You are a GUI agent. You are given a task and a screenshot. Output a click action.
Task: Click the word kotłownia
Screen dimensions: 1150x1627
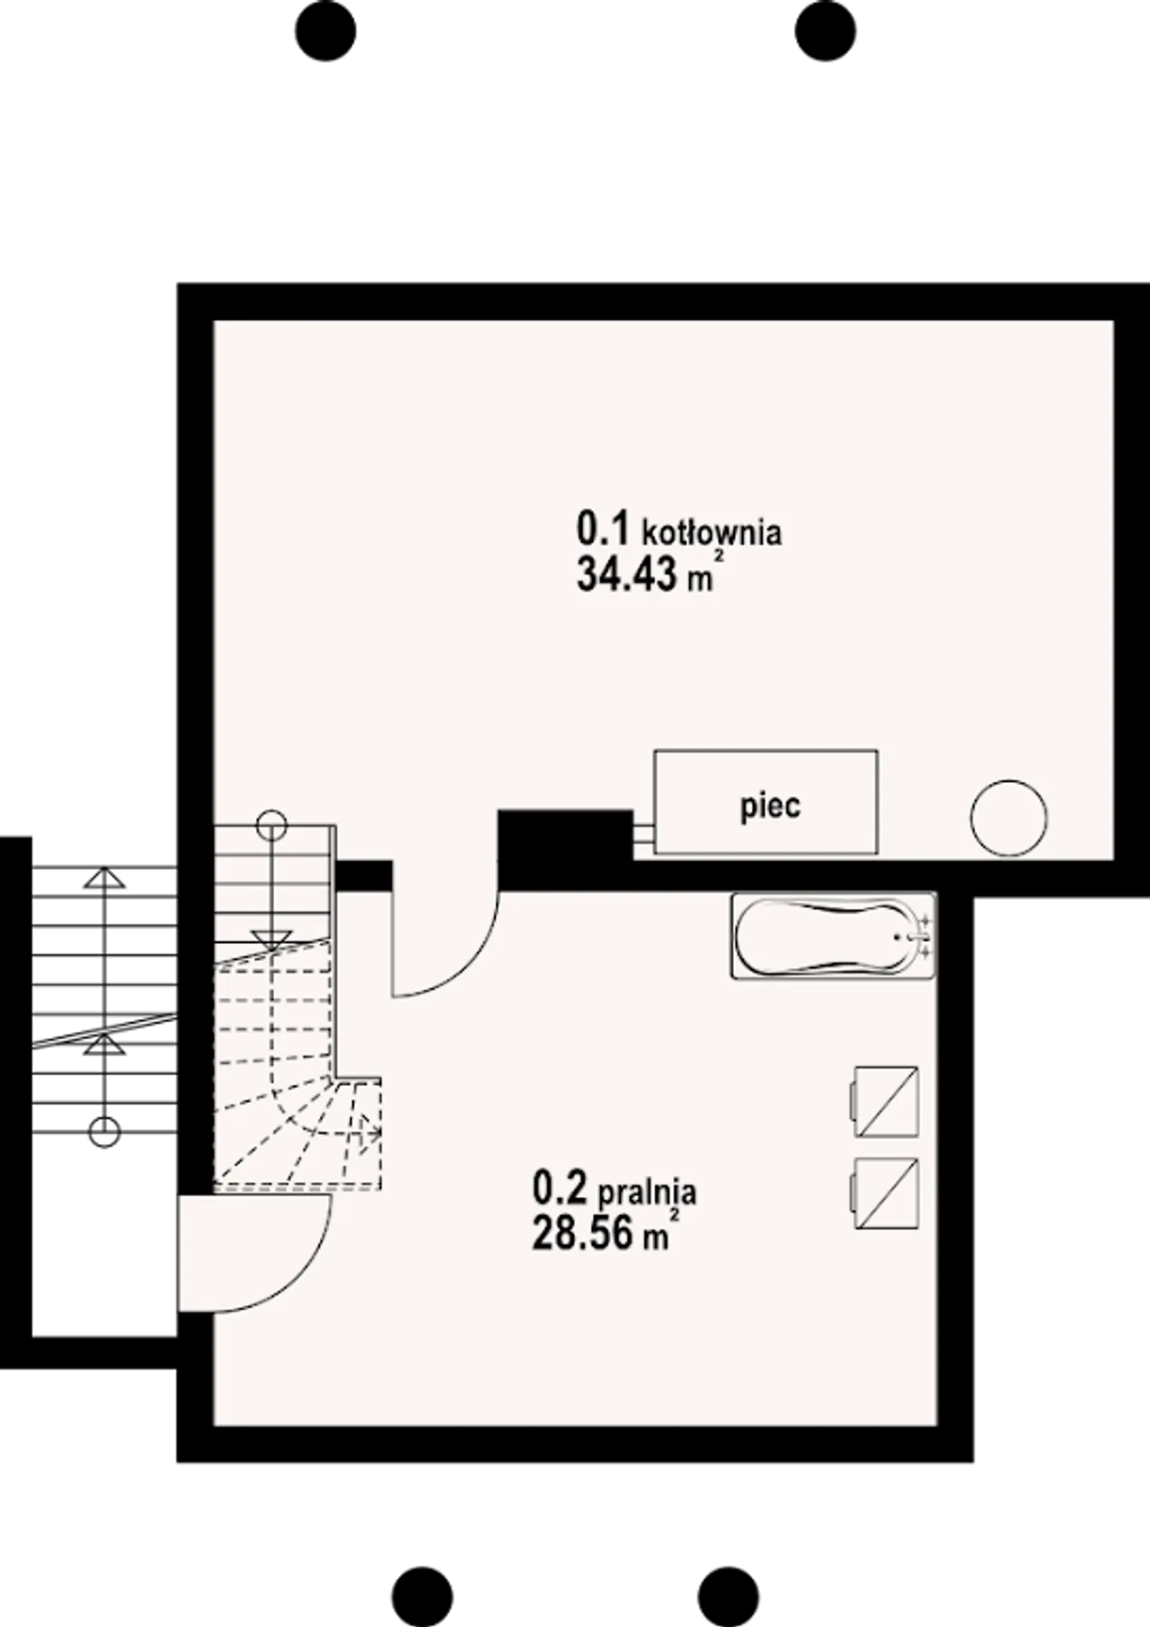(x=712, y=532)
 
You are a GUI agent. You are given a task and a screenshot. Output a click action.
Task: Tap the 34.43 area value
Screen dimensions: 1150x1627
(x=626, y=573)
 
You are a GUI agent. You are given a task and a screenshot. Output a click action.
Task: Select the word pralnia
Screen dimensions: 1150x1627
(x=647, y=1192)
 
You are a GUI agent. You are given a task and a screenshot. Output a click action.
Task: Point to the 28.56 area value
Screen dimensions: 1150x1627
(x=582, y=1232)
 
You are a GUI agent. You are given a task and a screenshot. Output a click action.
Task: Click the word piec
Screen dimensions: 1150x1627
(x=770, y=805)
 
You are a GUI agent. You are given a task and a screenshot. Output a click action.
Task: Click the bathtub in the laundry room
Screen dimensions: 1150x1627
(x=834, y=936)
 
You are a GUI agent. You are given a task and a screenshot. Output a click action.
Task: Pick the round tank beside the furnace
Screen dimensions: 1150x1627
(x=1008, y=818)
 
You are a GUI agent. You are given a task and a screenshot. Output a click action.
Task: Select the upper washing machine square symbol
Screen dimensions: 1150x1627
(x=885, y=1101)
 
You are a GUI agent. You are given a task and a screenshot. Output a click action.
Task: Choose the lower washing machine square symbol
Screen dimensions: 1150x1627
(x=885, y=1194)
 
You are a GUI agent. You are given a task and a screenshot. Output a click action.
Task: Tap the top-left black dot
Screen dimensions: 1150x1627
(x=325, y=31)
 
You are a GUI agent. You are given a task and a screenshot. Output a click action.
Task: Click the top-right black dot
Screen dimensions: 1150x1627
(x=825, y=31)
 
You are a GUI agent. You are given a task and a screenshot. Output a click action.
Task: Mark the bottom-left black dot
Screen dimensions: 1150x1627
(x=422, y=1597)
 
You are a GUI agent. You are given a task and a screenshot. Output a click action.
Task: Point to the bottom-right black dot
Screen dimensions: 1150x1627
(x=729, y=1597)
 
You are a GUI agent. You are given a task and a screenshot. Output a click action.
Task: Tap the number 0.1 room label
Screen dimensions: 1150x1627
(x=604, y=529)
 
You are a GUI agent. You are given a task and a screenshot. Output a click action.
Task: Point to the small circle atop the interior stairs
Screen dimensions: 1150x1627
(x=271, y=823)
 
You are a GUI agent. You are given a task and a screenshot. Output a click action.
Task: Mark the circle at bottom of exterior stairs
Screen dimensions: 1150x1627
(x=105, y=1132)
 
